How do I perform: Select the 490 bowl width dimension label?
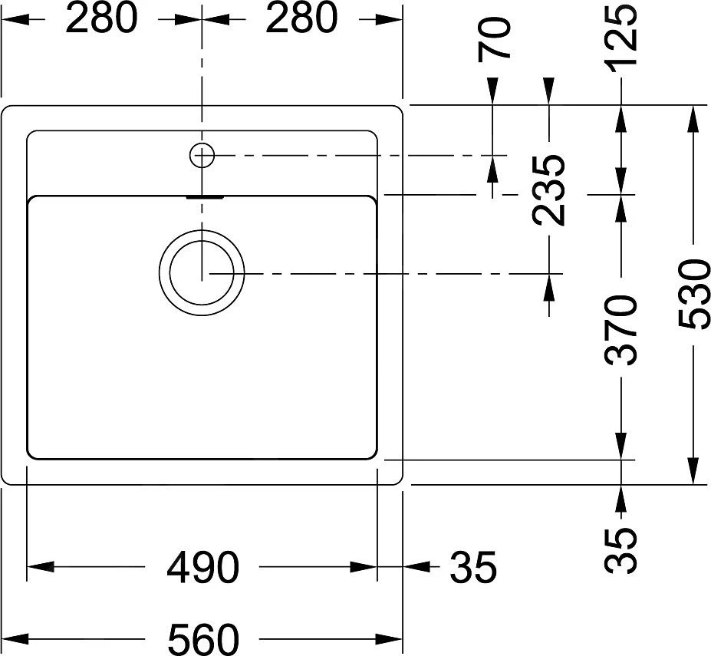coord(203,568)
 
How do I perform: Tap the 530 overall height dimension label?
coord(694,295)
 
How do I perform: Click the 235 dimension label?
coord(550,190)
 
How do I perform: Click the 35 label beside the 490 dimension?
coord(473,568)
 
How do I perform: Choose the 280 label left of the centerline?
coord(101,18)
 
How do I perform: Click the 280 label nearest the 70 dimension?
coord(301,18)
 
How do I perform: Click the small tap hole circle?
coord(202,155)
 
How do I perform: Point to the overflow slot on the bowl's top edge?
coord(204,196)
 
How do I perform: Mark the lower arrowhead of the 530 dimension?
coord(694,471)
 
